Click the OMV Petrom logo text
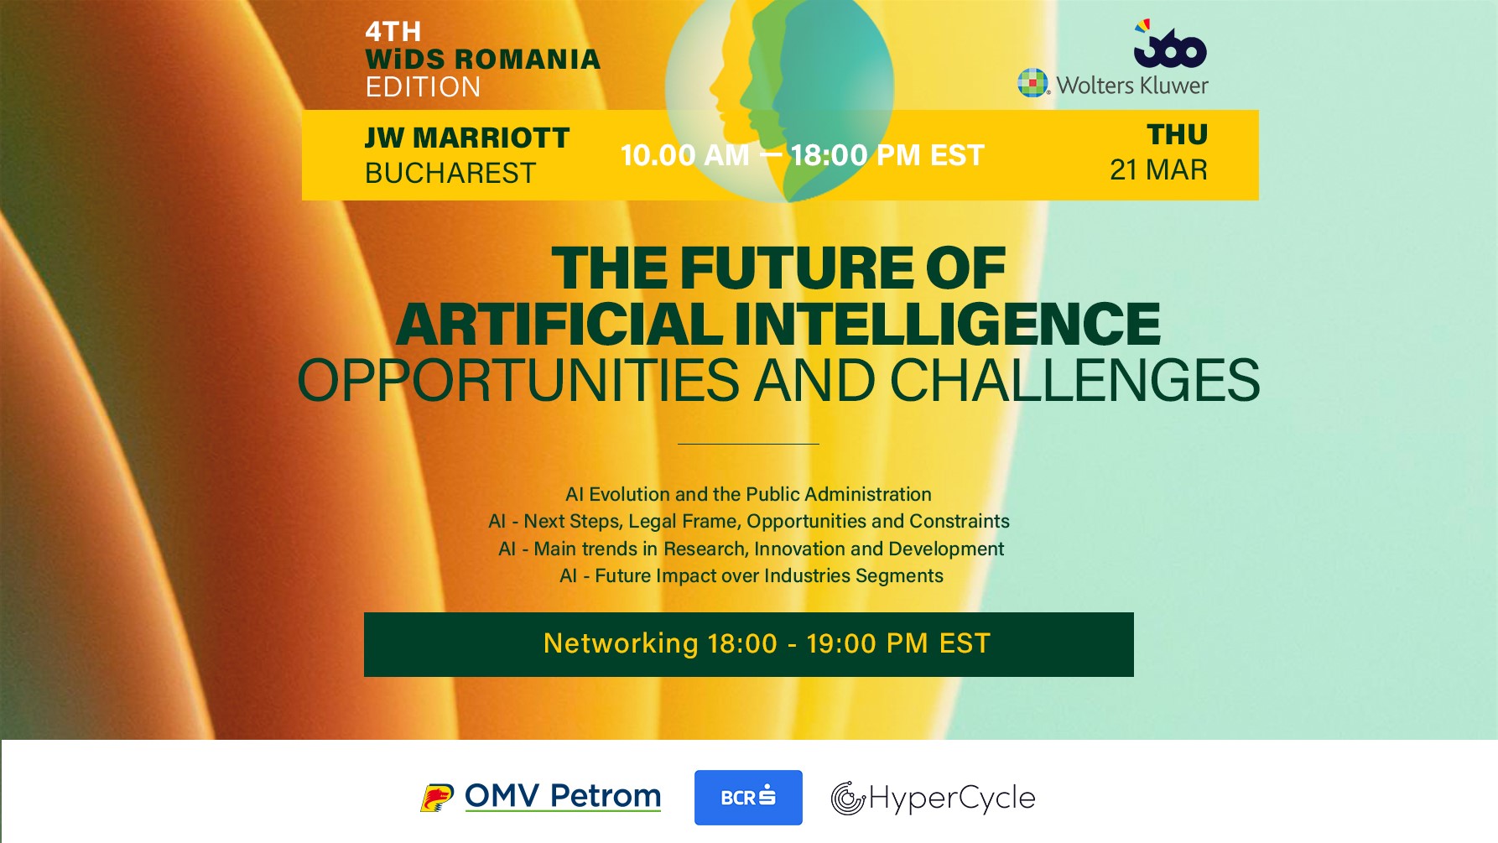pos(563,796)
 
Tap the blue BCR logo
pos(748,798)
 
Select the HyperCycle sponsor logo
pos(933,798)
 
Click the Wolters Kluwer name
pos(1131,85)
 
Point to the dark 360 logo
pos(1170,44)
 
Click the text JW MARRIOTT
pos(467,138)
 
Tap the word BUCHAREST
pos(450,173)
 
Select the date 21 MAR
pos(1158,169)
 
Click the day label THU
pos(1178,134)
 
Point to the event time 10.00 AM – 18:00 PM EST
pos(802,155)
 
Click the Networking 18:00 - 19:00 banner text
pos(767,643)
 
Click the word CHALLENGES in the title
pos(1074,380)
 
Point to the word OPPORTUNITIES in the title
pos(518,380)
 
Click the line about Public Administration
pos(748,494)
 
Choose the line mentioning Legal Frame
pos(749,521)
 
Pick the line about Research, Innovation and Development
pos(751,549)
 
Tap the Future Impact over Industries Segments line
pos(752,575)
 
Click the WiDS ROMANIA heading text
pos(483,59)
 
